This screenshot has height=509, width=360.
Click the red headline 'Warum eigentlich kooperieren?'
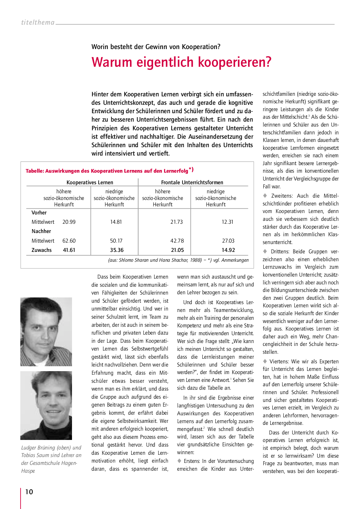[x=181, y=62]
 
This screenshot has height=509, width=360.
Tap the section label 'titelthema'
[x=38, y=22]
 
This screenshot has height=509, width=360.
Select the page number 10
[x=29, y=492]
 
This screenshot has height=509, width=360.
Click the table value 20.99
[x=69, y=222]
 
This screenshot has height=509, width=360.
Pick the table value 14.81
[x=116, y=222]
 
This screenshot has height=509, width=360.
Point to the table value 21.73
[x=177, y=222]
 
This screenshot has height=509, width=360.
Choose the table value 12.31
[x=227, y=222]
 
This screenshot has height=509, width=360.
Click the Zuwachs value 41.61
[x=69, y=250]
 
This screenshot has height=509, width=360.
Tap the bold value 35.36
[x=117, y=250]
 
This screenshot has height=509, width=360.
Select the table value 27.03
[x=228, y=241]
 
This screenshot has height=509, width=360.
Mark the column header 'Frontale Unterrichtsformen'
[x=192, y=183]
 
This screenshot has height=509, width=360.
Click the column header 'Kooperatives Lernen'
[x=90, y=183]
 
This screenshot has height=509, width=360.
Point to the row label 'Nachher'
[x=41, y=231]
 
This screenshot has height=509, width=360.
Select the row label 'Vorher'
[x=39, y=213]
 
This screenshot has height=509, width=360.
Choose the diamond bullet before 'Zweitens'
[x=265, y=196]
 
